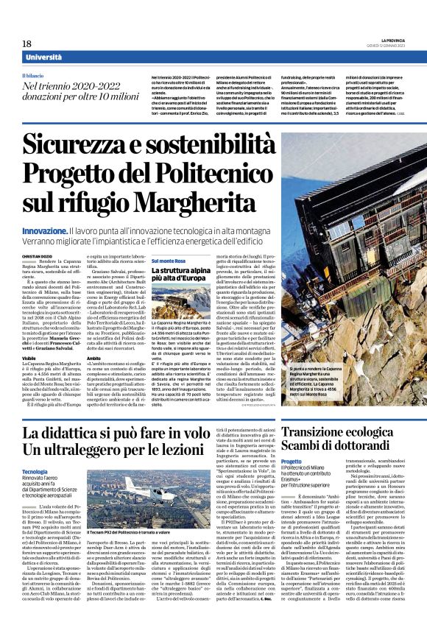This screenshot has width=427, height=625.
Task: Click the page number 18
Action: pyautogui.click(x=27, y=44)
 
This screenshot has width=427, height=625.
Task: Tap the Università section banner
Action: pyautogui.click(x=43, y=57)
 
